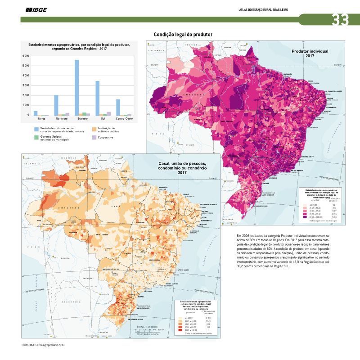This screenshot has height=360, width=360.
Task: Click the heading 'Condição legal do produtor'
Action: (183, 34)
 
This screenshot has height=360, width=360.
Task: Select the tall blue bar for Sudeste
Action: (77, 87)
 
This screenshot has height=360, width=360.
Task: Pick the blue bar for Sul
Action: (98, 98)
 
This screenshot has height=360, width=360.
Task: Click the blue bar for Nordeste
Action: (56, 105)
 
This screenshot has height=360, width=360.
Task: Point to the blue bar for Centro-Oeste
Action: (118, 107)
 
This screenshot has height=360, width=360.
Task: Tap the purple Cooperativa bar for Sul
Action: (108, 113)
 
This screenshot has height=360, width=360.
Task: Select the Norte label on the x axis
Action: (41, 119)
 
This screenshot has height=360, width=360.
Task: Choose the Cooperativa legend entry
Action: (104, 137)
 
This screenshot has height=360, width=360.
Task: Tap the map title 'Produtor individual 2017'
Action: (310, 54)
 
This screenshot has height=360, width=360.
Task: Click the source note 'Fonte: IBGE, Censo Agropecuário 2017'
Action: (43, 345)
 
